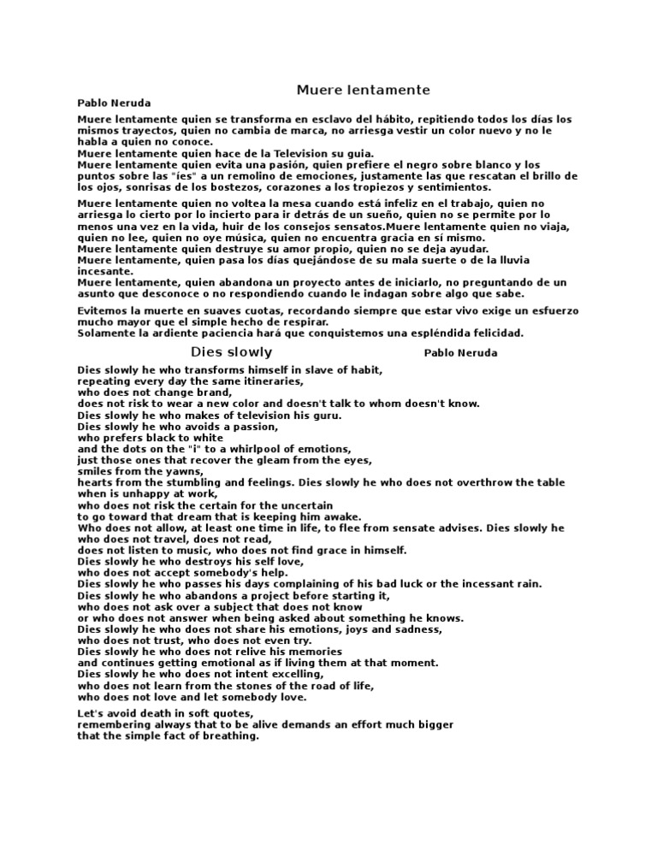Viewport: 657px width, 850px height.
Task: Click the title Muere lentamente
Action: click(363, 90)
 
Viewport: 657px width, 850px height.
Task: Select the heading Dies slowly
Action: click(231, 351)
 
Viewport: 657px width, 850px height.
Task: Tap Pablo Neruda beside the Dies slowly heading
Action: click(460, 352)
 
